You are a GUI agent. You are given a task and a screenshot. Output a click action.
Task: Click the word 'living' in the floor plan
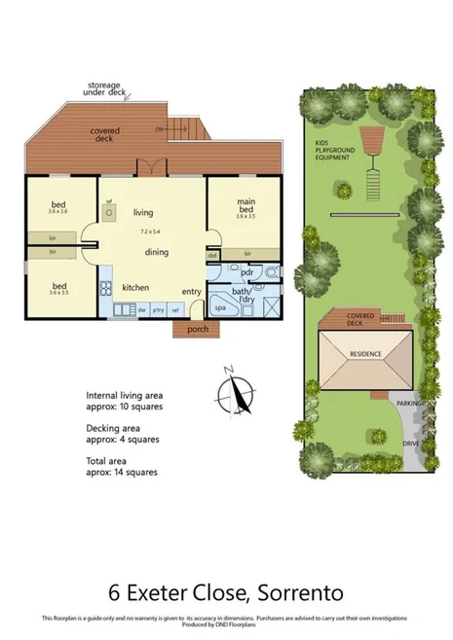tap(143, 212)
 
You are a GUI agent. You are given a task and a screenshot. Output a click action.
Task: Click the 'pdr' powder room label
tap(246, 272)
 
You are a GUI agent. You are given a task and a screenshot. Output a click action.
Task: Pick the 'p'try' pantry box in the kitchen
tap(158, 309)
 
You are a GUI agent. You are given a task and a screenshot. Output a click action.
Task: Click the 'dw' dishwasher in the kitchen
tap(140, 309)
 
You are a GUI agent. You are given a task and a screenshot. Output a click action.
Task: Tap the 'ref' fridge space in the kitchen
tap(175, 309)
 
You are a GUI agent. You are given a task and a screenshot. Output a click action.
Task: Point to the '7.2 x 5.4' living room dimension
tap(155, 232)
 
